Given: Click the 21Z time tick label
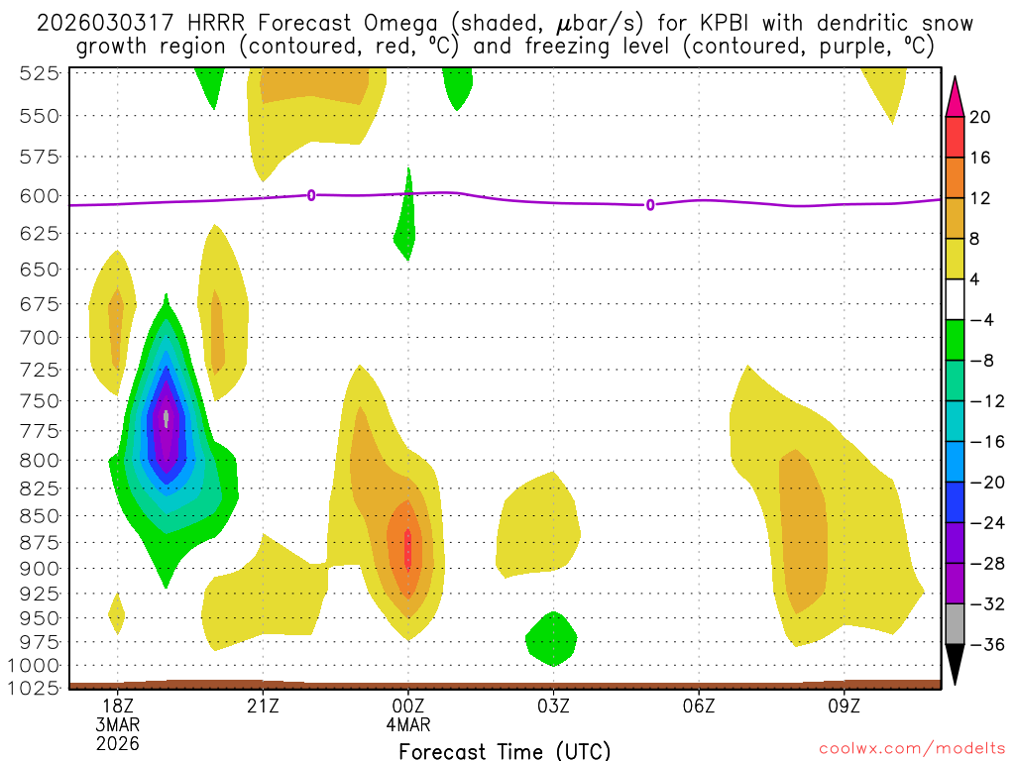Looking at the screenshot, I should click(263, 706).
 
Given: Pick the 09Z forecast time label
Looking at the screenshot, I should click(844, 706).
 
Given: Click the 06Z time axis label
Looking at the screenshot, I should click(699, 706).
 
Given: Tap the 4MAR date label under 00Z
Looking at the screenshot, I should click(407, 724).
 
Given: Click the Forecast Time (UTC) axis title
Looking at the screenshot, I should click(505, 750).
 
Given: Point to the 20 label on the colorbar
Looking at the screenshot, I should click(980, 117).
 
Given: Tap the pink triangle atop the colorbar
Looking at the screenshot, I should click(955, 96).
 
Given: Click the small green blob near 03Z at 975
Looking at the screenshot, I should click(551, 637).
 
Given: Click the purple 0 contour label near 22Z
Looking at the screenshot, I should click(311, 195).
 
